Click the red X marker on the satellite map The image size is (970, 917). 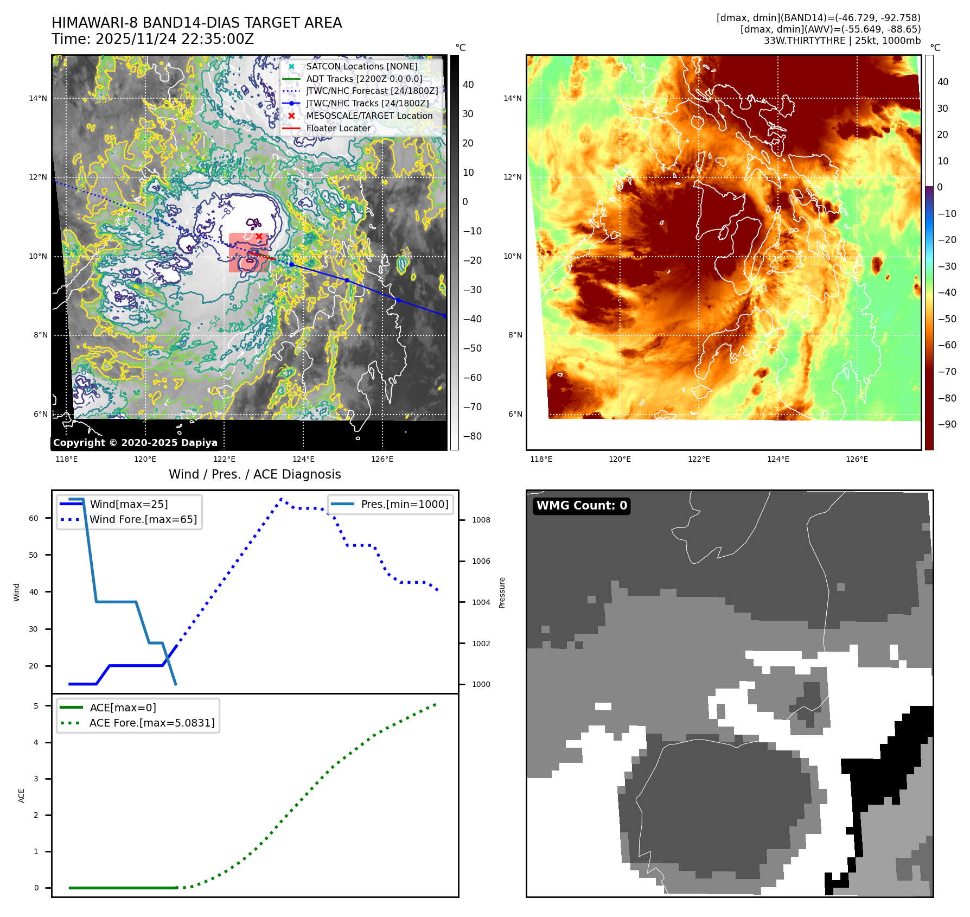(259, 236)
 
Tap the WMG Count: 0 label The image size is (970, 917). (582, 506)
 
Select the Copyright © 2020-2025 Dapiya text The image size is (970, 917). (135, 443)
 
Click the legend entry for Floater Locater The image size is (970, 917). (338, 129)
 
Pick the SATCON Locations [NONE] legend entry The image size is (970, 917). (361, 66)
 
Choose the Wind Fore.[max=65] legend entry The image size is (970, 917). (143, 519)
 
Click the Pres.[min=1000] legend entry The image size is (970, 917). (405, 504)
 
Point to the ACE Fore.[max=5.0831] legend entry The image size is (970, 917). (152, 723)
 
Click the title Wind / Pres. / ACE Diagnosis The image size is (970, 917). (255, 474)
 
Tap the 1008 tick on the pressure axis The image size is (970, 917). (481, 520)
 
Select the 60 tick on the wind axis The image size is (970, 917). (34, 518)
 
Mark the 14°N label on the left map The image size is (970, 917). (38, 98)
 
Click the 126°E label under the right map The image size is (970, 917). (857, 459)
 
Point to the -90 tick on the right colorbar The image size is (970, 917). (947, 424)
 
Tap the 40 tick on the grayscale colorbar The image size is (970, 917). (468, 85)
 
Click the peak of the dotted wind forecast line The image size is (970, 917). (281, 499)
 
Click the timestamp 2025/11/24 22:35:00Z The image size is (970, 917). (175, 39)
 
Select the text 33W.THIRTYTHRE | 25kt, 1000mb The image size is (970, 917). (842, 41)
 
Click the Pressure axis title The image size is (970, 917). (502, 593)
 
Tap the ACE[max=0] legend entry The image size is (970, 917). (123, 708)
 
